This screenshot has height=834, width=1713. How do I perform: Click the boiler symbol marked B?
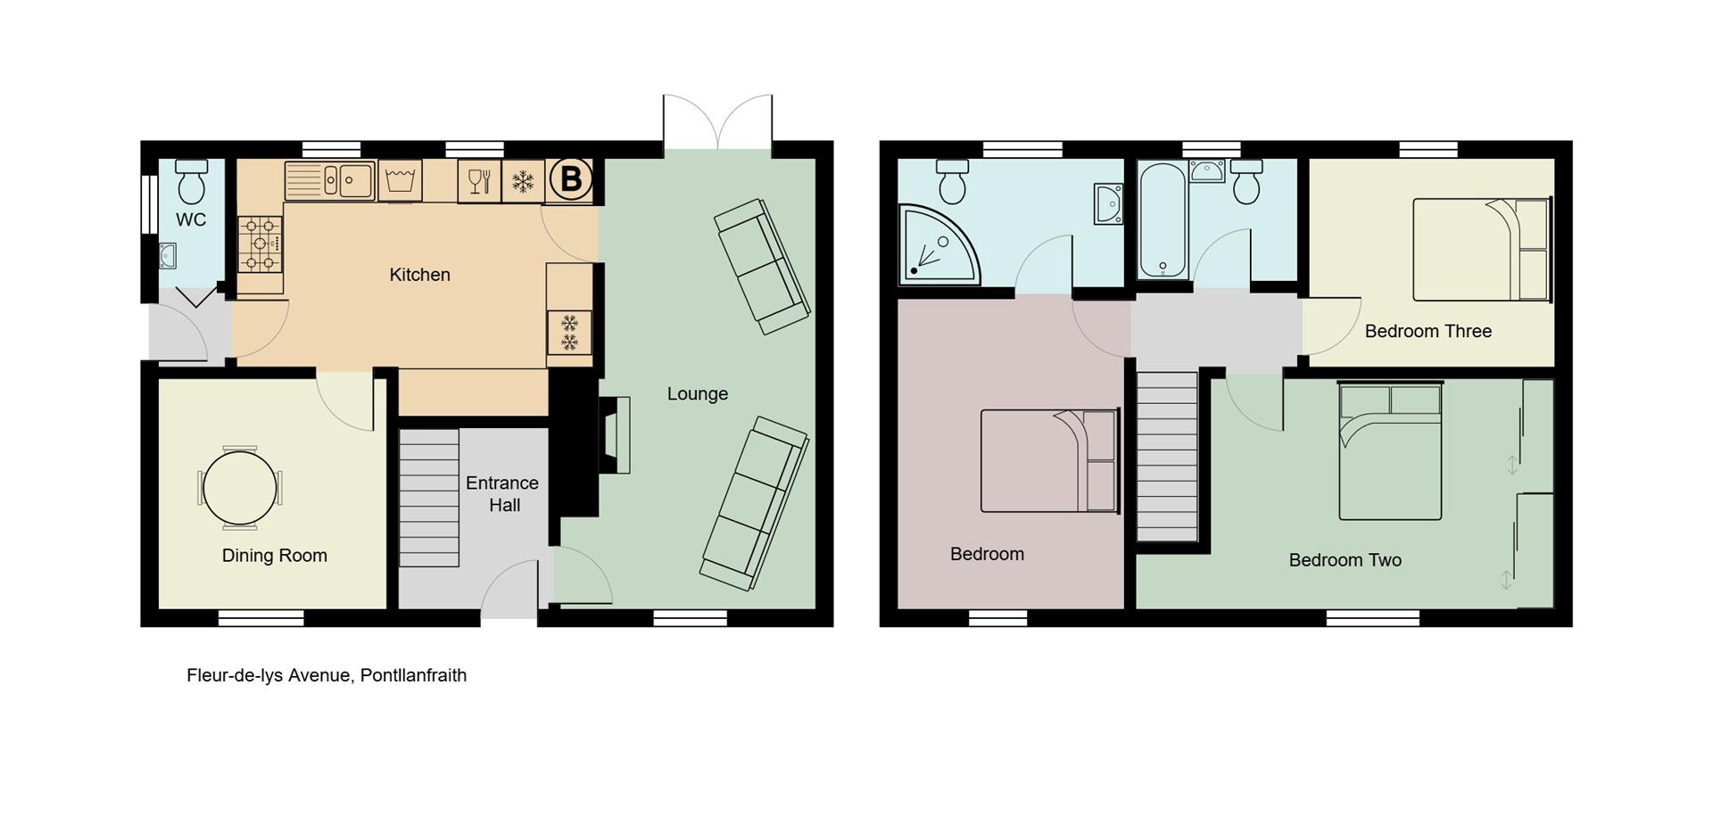570,180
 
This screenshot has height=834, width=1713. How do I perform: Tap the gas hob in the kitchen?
260,244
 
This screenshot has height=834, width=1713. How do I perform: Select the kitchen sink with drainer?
329,181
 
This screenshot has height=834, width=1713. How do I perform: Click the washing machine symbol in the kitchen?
400,181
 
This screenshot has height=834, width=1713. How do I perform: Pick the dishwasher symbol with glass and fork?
479,181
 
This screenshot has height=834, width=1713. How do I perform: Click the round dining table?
239,489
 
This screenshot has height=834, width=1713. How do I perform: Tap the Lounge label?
698,393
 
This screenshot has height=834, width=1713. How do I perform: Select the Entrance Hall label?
502,493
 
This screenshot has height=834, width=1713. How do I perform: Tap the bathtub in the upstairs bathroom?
1163,219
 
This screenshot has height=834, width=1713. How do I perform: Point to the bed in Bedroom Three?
1480,250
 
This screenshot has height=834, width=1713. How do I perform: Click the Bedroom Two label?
1345,560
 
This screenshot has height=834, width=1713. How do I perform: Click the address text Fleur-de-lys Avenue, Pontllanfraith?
327,675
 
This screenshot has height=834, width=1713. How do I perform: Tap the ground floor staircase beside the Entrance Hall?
428,498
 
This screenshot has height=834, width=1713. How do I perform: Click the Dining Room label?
274,556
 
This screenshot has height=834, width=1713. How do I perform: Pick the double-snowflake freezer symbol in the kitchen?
569,333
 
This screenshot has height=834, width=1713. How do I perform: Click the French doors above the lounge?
717,123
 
